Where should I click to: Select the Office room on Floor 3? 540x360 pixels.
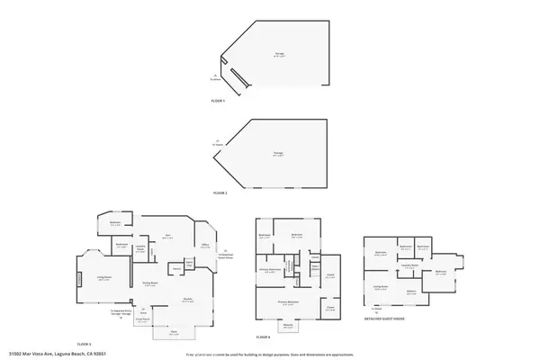[204, 245]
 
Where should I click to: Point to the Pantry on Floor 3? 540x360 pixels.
[176, 267]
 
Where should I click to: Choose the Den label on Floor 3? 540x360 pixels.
[166, 238]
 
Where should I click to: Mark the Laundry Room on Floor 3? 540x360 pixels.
[140, 249]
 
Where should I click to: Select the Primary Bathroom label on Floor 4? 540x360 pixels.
[273, 270]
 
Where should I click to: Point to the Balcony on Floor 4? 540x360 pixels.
[288, 328]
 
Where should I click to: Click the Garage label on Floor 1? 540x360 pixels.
[279, 54]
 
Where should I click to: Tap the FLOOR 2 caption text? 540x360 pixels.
[220, 193]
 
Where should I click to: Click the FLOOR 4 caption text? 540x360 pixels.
[263, 337]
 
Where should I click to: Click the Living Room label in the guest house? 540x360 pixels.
[381, 288]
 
